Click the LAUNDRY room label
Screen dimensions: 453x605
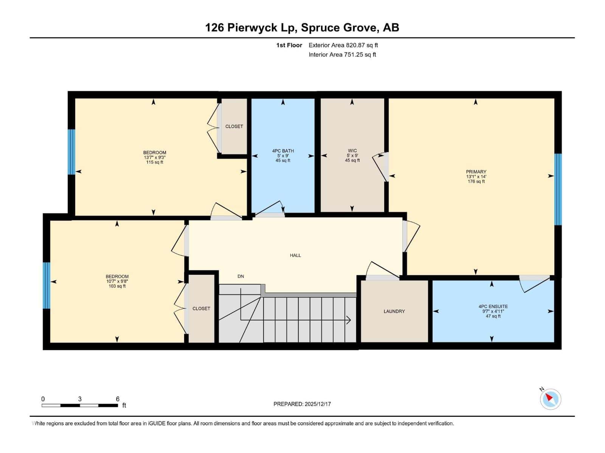pos(394,311)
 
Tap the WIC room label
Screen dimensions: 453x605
pos(352,151)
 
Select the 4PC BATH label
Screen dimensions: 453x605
pos(283,151)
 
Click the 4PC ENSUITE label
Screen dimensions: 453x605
pos(493,307)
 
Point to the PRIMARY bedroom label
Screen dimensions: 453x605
pos(476,172)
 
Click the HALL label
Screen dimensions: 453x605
pos(295,256)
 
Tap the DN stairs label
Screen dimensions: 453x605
pos(240,276)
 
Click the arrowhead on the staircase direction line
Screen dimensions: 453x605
pos(349,320)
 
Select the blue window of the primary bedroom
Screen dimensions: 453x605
pos(558,189)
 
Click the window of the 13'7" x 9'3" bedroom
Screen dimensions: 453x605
pos(71,152)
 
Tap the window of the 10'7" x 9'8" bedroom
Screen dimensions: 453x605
pos(46,285)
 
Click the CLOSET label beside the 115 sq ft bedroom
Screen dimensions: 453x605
pos(234,126)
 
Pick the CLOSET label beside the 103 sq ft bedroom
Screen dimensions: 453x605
pos(201,309)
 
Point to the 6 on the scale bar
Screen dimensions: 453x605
pos(118,399)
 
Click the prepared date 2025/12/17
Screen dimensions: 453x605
pos(318,404)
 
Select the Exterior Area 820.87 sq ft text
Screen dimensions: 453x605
pos(343,45)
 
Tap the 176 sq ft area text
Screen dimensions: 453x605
pos(476,182)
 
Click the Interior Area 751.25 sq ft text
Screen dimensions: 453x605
pos(342,55)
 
